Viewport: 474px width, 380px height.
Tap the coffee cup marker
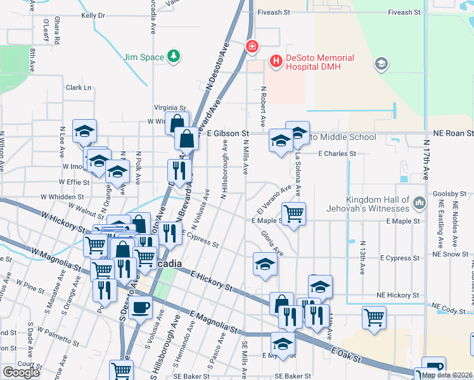[140, 308]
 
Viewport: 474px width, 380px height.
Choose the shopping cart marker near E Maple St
[293, 214]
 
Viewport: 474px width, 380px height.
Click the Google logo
[21, 372]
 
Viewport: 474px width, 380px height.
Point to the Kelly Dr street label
[93, 15]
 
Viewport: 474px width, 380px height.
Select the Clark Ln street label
[79, 87]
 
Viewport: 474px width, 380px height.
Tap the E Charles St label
[337, 153]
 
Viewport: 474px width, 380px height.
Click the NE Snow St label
[452, 254]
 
